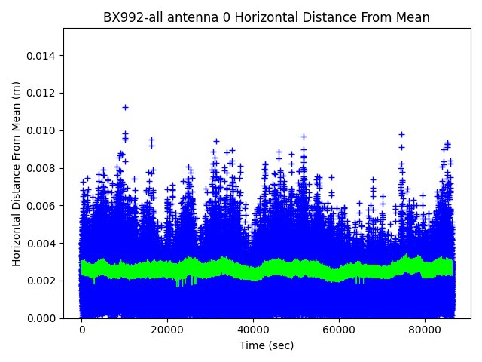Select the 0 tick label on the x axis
pyautogui.click(x=82, y=330)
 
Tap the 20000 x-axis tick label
pyautogui.click(x=168, y=330)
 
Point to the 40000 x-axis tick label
pyautogui.click(x=253, y=330)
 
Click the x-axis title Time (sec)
pyautogui.click(x=267, y=345)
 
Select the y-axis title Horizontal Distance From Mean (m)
pyautogui.click(x=17, y=173)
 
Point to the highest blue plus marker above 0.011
pyautogui.click(x=125, y=107)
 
